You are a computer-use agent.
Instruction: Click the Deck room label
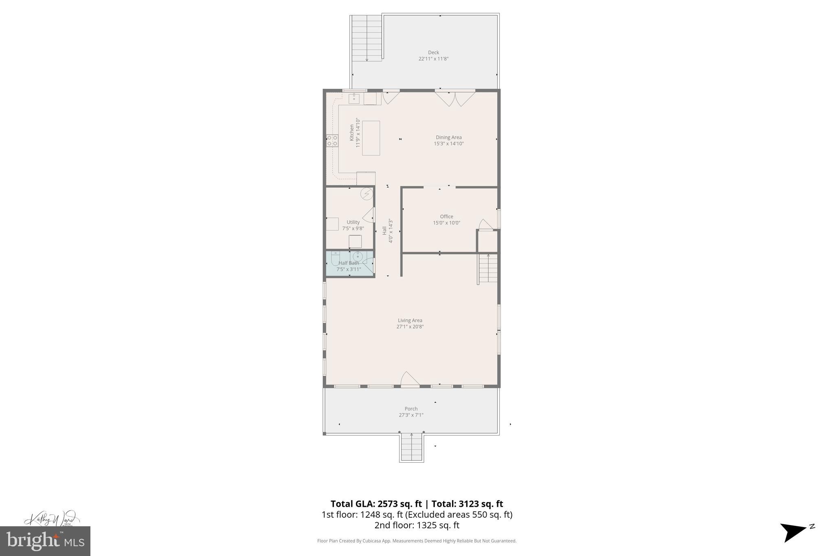coord(433,53)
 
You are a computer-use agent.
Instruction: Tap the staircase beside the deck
coord(367,38)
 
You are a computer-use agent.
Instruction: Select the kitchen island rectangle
coord(371,138)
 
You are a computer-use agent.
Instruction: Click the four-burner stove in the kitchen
coord(332,141)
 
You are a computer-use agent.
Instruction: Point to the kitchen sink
coord(354,98)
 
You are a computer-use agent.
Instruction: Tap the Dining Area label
coord(448,138)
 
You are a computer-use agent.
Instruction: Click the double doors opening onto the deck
coord(455,98)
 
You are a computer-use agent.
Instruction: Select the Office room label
coord(446,217)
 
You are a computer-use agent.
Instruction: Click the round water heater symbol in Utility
coord(367,194)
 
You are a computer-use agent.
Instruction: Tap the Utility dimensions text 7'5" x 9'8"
coord(353,229)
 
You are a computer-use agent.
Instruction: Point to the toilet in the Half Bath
coord(335,259)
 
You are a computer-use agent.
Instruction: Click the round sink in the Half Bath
coord(357,257)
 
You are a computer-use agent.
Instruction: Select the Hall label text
coord(384,231)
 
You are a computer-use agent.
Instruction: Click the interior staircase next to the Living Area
coord(488,269)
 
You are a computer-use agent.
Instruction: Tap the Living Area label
coord(410,321)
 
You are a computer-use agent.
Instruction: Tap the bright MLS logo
coord(45,541)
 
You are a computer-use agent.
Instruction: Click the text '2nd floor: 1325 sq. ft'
coord(417,525)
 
